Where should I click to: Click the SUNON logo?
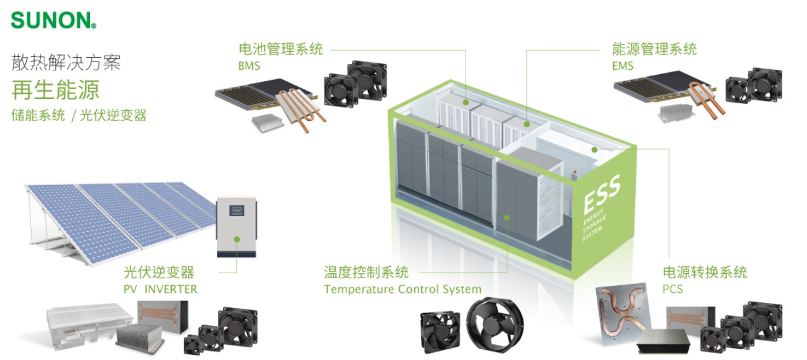53,20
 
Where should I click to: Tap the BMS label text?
249,66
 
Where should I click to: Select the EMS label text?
623,66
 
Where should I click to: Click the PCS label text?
673,289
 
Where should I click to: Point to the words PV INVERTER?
160,289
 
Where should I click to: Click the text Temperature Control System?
402,290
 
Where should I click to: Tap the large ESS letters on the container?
602,194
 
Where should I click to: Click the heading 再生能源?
56,90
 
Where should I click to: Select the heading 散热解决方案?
66,62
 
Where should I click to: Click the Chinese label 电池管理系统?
281,49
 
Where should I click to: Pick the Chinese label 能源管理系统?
654,49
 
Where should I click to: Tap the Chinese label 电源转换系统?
705,273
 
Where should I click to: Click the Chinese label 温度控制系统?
366,273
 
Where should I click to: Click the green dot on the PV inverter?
237,240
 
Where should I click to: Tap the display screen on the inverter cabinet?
237,210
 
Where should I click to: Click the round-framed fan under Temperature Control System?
495,324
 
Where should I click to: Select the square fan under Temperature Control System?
440,331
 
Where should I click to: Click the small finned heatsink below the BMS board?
267,122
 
